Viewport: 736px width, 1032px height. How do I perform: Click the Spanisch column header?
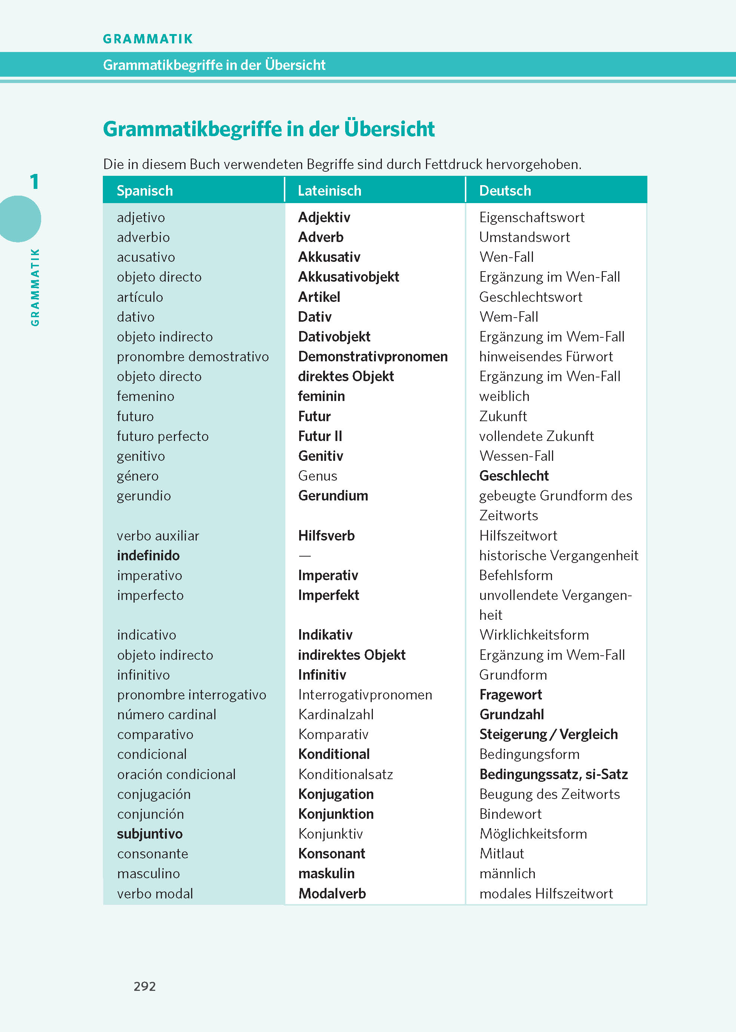click(145, 191)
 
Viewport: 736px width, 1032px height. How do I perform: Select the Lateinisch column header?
click(329, 191)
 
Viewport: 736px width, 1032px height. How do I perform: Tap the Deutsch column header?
click(505, 191)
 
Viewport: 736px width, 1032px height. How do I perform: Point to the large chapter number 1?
click(34, 182)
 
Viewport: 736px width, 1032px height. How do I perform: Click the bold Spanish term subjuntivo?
click(150, 834)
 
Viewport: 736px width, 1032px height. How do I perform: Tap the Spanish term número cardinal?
click(166, 715)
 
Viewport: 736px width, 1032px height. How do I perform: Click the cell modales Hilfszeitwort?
click(546, 894)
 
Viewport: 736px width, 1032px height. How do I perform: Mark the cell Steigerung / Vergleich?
click(548, 734)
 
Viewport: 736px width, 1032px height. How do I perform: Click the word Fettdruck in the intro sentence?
click(454, 164)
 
